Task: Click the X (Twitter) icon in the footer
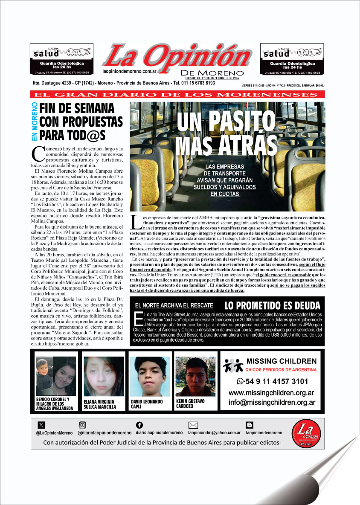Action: [x=41, y=425]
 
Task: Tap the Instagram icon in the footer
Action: [x=82, y=425]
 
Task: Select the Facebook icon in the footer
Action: [x=139, y=425]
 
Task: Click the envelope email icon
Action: [x=193, y=425]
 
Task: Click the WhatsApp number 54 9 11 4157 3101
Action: [x=272, y=381]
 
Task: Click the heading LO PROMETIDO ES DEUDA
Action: [x=272, y=305]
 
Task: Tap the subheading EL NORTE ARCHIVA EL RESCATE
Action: [x=174, y=305]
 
